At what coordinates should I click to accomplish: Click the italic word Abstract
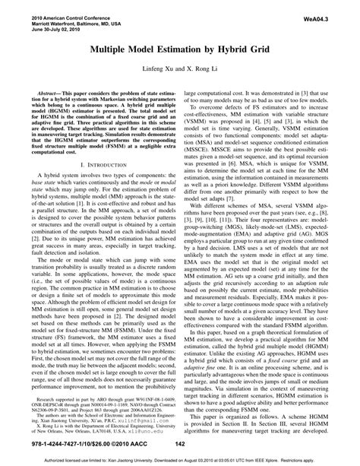(x=49, y=90)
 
